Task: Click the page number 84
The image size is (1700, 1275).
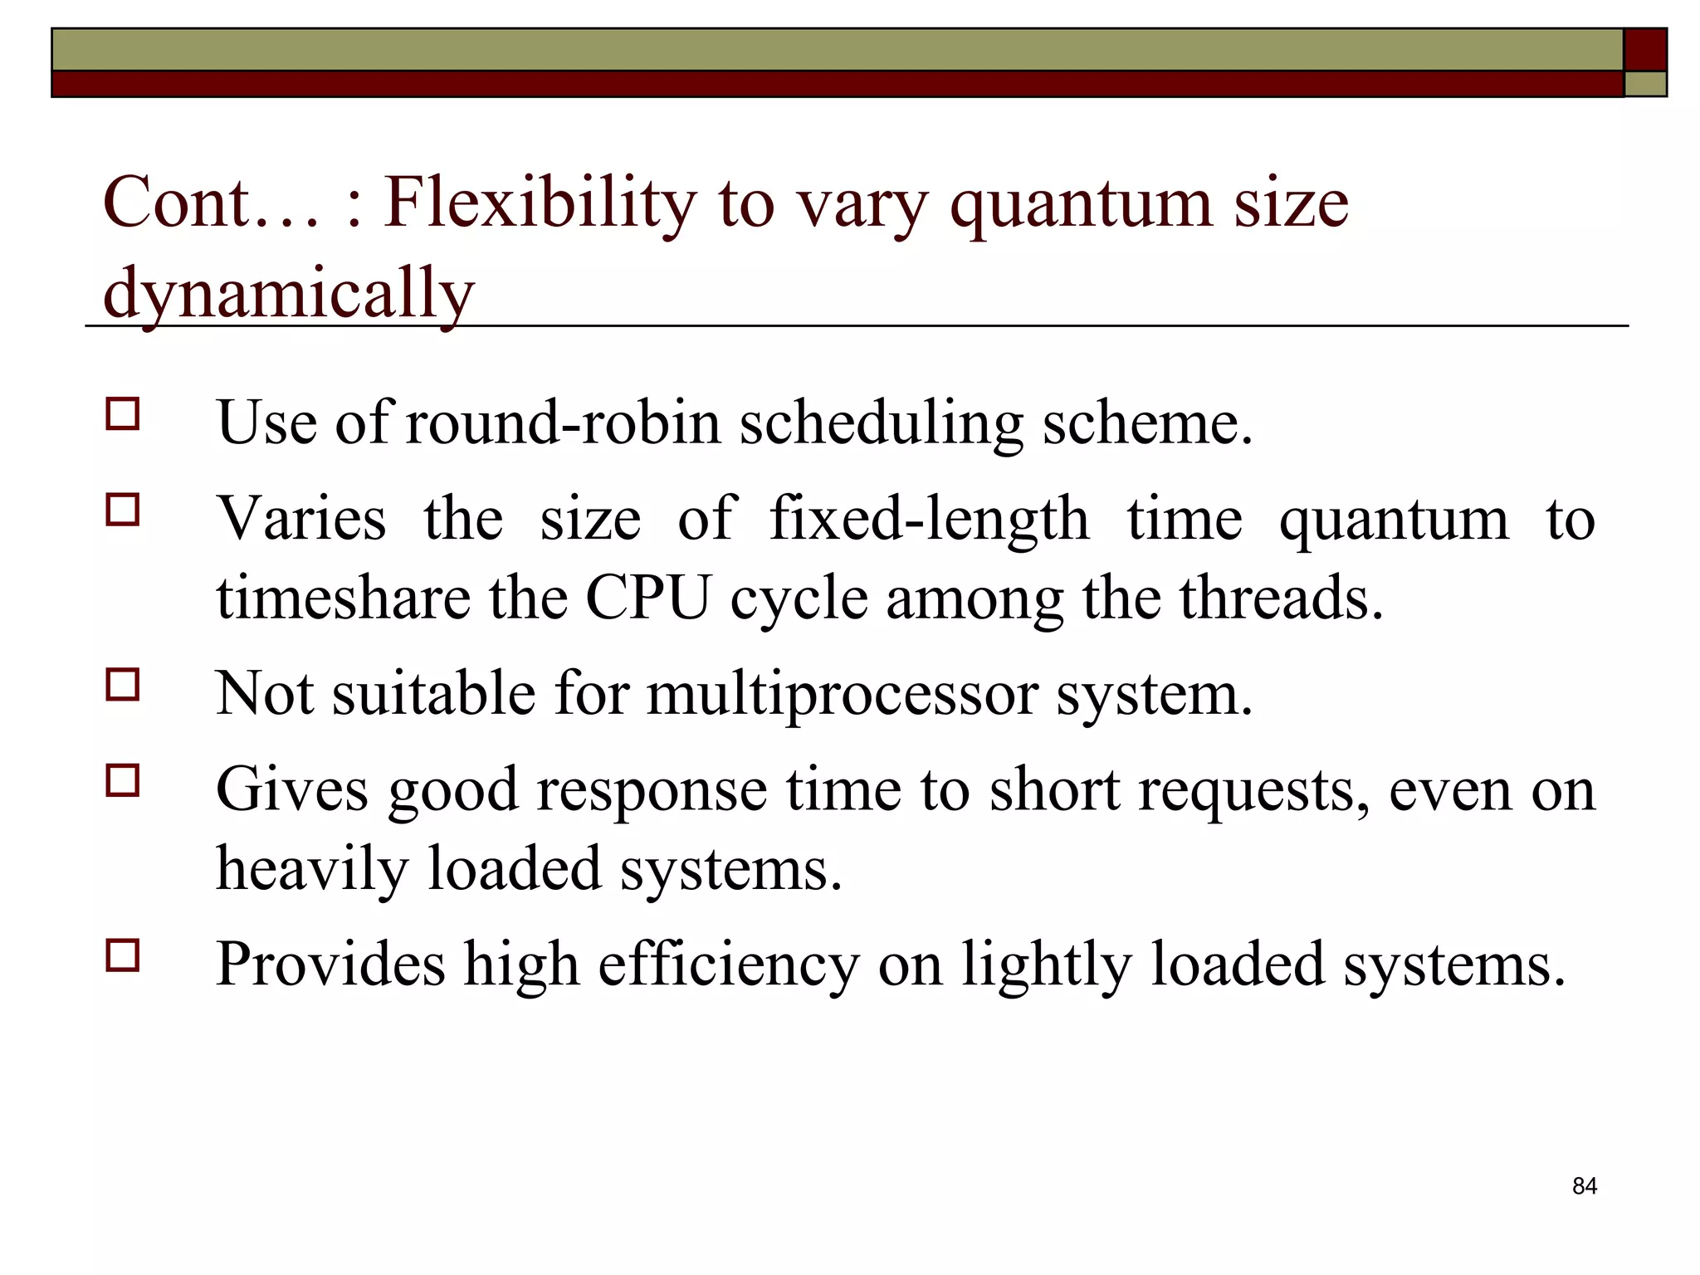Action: [x=1584, y=1186]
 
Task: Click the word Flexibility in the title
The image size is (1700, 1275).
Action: [x=540, y=203]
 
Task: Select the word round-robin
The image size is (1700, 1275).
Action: [x=563, y=423]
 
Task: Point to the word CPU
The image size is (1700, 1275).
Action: [x=648, y=598]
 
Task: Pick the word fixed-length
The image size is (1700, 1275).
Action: [x=929, y=520]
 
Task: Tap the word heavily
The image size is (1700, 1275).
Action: [x=312, y=869]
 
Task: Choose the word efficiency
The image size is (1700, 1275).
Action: [x=728, y=965]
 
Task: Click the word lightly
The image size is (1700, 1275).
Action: [x=1047, y=965]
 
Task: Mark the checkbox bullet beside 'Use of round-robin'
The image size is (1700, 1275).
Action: [x=123, y=413]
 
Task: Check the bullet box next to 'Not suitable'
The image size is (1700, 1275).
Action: [x=123, y=685]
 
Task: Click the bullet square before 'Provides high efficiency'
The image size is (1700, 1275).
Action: [x=123, y=955]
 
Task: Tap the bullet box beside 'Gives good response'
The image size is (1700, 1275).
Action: [x=123, y=780]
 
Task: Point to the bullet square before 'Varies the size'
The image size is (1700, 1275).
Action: [x=123, y=510]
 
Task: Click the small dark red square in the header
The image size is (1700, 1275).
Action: [x=1645, y=49]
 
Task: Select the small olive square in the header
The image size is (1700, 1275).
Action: [x=1645, y=84]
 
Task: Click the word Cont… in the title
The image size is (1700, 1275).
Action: [x=212, y=203]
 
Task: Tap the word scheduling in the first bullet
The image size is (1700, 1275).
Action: [x=881, y=423]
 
